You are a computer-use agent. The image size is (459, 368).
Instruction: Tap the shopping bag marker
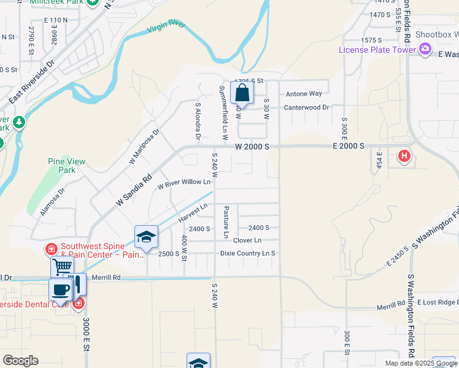click(x=242, y=94)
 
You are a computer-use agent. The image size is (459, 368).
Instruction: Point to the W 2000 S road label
click(x=252, y=147)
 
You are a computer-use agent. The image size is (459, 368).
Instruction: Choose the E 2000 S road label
click(x=349, y=147)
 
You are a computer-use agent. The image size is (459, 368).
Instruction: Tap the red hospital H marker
click(x=404, y=156)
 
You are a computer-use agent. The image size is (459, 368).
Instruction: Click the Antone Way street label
click(x=304, y=94)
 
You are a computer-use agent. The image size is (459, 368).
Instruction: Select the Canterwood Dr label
click(x=306, y=107)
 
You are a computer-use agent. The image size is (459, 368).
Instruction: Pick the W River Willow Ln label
click(x=184, y=182)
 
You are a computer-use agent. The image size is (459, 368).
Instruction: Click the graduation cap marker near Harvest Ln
click(x=147, y=237)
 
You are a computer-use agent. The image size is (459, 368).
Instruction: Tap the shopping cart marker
click(x=62, y=267)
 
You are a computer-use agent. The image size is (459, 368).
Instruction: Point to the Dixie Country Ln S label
click(x=247, y=253)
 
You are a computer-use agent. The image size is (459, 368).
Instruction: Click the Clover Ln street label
click(x=247, y=240)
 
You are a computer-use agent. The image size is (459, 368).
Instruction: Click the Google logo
click(x=20, y=361)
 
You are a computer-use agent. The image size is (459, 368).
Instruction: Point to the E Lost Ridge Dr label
click(x=437, y=303)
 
